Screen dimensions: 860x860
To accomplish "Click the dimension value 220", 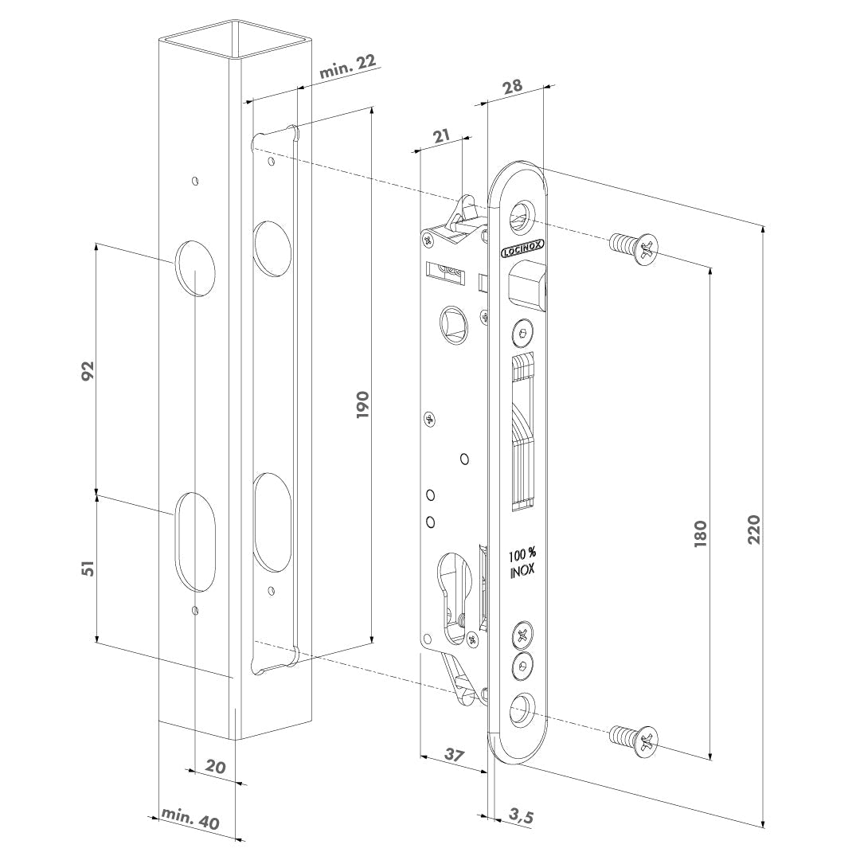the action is tap(755, 529).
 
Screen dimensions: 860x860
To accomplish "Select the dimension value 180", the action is tap(701, 534).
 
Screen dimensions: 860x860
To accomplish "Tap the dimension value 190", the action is tap(363, 405).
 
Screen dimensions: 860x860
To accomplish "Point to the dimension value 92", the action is tap(89, 371).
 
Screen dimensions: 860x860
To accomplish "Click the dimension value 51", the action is tap(89, 568).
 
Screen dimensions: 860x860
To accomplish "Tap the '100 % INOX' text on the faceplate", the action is tap(522, 563).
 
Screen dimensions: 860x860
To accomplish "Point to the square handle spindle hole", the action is tap(454, 324).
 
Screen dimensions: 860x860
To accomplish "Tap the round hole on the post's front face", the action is tap(195, 268).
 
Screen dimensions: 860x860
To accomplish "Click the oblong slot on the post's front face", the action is tap(195, 542).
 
